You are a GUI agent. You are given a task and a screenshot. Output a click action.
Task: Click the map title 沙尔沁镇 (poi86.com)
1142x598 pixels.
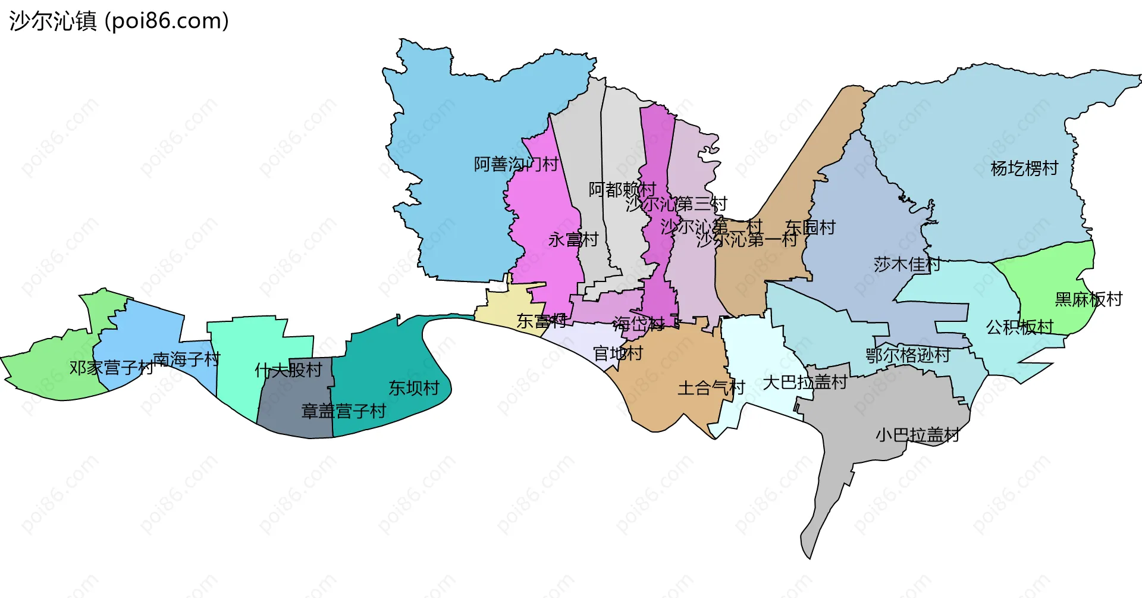tap(119, 21)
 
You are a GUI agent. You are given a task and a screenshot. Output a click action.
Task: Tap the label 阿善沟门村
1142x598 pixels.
tap(516, 164)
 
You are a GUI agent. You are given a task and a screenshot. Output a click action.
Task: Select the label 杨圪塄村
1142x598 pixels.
tap(1024, 168)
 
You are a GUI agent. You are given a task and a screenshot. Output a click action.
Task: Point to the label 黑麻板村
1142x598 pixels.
tap(1088, 299)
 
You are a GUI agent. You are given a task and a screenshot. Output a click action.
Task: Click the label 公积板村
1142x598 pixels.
tap(1019, 327)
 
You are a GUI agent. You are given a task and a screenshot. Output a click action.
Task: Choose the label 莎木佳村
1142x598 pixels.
tap(906, 264)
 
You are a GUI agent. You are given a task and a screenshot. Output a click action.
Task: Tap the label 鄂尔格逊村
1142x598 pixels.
tap(908, 356)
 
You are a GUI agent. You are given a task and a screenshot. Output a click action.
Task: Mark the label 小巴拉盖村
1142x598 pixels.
tap(917, 436)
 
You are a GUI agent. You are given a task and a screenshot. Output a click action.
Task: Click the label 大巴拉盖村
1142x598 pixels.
tap(805, 383)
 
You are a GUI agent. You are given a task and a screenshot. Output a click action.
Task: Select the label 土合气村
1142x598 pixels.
tap(711, 389)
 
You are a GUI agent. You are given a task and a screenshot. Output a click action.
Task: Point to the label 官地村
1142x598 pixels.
tap(618, 354)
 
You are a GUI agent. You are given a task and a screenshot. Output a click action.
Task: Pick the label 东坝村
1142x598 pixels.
tap(414, 389)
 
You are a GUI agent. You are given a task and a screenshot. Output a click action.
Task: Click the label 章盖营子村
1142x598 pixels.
tap(343, 411)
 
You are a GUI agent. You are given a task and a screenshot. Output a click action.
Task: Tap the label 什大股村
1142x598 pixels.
tap(288, 371)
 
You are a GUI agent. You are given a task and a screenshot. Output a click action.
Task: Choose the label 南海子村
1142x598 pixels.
tap(186, 359)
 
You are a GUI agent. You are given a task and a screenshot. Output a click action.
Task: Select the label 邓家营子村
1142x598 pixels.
tap(111, 368)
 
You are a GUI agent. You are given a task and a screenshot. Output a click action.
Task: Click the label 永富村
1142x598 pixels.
tap(573, 240)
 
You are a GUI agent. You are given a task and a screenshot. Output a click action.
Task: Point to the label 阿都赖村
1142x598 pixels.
tap(622, 190)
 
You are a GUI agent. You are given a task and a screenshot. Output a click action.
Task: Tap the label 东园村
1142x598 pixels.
tap(810, 227)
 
